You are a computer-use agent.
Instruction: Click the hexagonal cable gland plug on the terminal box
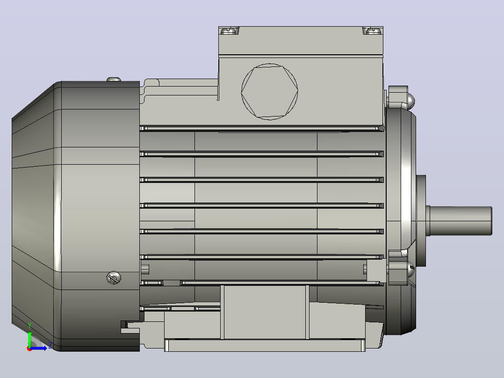pyautogui.click(x=270, y=92)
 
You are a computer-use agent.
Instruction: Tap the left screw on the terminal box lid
pyautogui.click(x=229, y=30)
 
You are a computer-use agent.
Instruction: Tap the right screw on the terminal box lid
pyautogui.click(x=373, y=30)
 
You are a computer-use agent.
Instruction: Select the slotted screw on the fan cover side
pyautogui.click(x=114, y=278)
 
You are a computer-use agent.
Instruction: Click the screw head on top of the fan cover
pyautogui.click(x=114, y=79)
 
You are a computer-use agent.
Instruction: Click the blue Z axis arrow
pyautogui.click(x=38, y=349)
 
